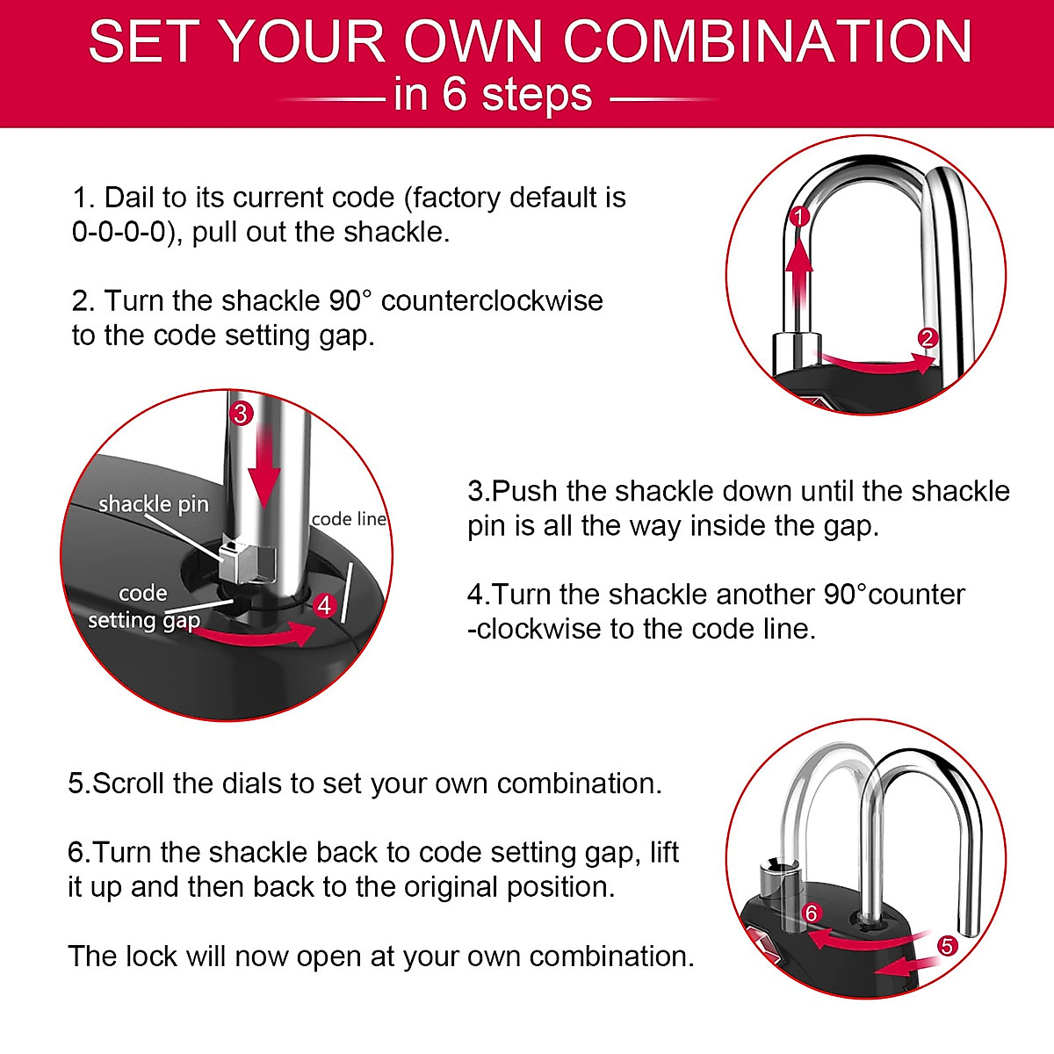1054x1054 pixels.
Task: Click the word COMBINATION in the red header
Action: pyautogui.click(x=767, y=41)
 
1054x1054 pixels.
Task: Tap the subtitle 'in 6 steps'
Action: pyautogui.click(x=493, y=95)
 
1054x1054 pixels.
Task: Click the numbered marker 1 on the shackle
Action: pyautogui.click(x=798, y=216)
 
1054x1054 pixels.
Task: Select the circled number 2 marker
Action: pyautogui.click(x=928, y=338)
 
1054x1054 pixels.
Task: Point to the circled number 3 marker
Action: pyautogui.click(x=241, y=412)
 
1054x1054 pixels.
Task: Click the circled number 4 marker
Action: pyautogui.click(x=325, y=605)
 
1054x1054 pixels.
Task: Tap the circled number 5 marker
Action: pyautogui.click(x=947, y=946)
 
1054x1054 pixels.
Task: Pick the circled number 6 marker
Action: pyautogui.click(x=811, y=913)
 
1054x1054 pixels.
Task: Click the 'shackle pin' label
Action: pyautogui.click(x=154, y=504)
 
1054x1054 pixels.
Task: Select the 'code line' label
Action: pyautogui.click(x=349, y=519)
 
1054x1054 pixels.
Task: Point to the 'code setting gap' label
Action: pyautogui.click(x=144, y=607)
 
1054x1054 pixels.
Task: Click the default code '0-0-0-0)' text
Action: pyautogui.click(x=119, y=232)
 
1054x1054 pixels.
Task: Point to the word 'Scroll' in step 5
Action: pyautogui.click(x=129, y=783)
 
